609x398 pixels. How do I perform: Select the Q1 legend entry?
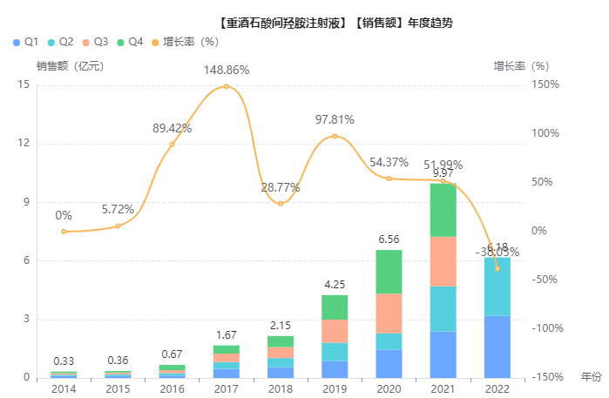pos(25,42)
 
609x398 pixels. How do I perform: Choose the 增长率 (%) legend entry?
pos(184,42)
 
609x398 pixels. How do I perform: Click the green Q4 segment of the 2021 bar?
pos(443,210)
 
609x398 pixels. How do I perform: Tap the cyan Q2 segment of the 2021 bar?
pos(443,308)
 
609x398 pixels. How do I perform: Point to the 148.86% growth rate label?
pos(227,70)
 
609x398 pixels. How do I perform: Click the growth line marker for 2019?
pos(335,137)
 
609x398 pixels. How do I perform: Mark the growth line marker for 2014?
pos(64,232)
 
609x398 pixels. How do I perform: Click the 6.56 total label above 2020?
pos(389,239)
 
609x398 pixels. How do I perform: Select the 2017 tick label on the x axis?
pos(227,388)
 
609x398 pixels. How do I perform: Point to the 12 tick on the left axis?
pos(24,144)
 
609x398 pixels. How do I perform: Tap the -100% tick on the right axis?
pos(545,328)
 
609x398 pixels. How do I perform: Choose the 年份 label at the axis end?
pos(591,377)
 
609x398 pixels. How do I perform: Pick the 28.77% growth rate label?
pos(281,187)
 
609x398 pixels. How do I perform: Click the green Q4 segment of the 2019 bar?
pos(335,307)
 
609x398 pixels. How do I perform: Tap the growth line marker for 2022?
pos(497,268)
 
